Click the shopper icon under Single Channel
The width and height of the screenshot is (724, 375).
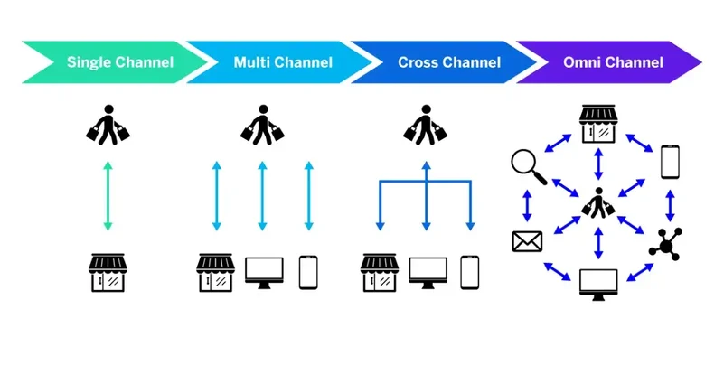(108, 126)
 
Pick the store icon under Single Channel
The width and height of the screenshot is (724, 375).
(108, 272)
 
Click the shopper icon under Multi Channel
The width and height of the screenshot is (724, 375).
(262, 126)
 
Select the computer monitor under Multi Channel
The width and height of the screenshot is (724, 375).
(264, 273)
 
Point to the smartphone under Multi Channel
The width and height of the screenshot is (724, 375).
(309, 272)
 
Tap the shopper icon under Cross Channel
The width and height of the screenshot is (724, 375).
(424, 126)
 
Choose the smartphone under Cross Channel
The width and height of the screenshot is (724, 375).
(469, 272)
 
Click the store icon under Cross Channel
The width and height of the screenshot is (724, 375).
(380, 272)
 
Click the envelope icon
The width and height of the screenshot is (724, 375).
(526, 241)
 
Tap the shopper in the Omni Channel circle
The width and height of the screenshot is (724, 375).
(597, 202)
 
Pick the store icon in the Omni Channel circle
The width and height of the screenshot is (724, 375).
(597, 124)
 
